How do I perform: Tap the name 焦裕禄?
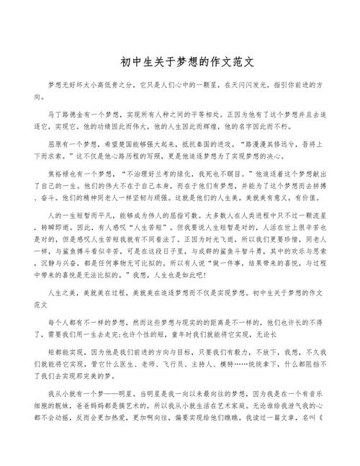[58, 174]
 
